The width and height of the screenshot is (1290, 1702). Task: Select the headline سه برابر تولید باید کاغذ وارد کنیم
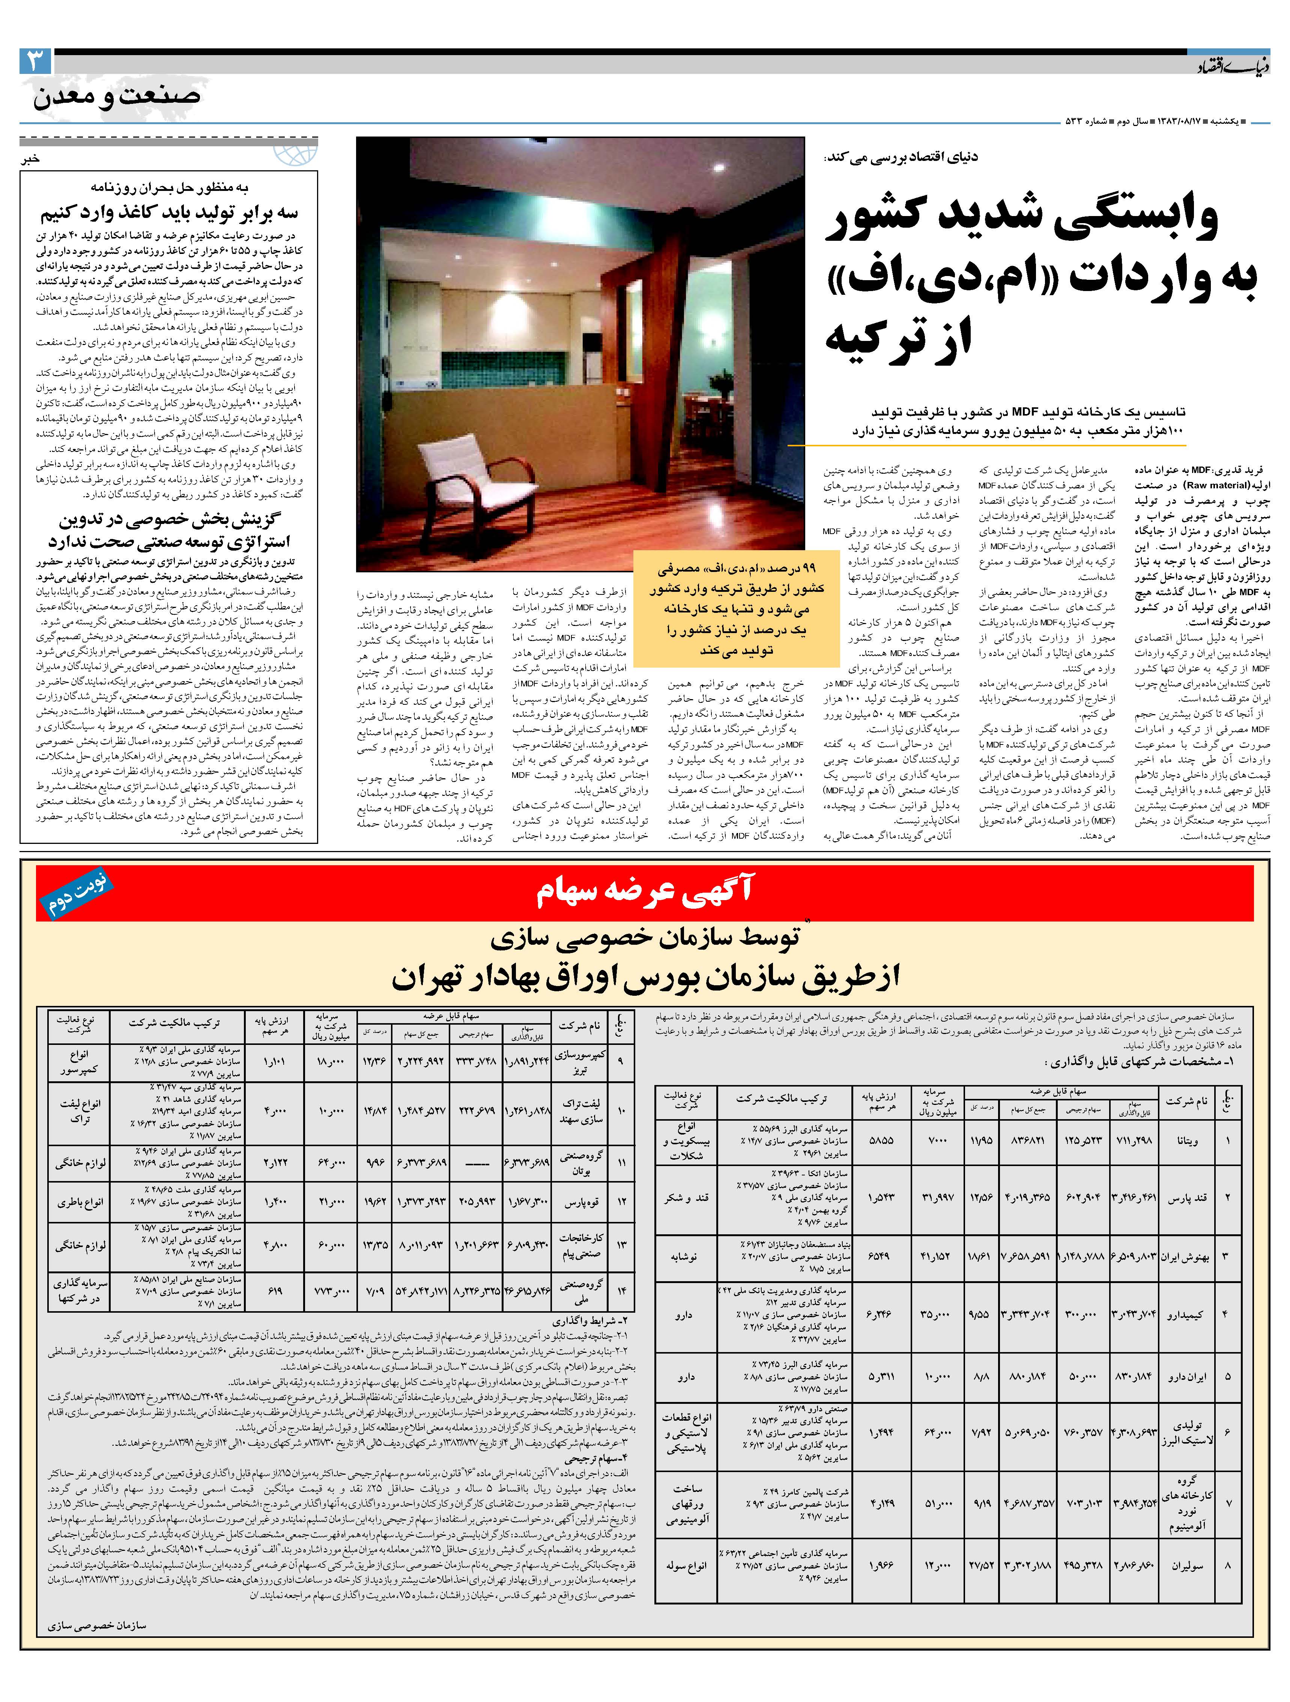click(169, 212)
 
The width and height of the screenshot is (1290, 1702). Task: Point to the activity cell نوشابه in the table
click(684, 1257)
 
